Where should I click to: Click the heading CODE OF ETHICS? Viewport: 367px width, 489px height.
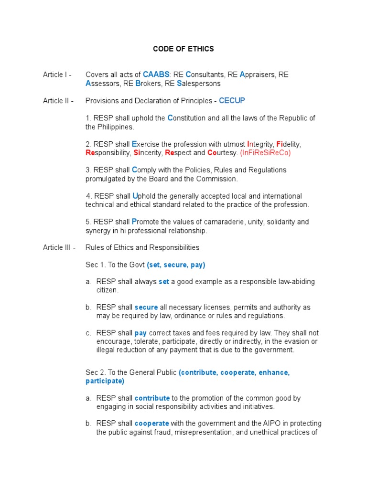click(183, 49)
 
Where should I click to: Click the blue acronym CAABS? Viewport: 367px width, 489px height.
click(156, 74)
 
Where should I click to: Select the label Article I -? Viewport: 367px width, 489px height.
click(57, 74)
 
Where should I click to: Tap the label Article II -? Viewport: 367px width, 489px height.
click(58, 101)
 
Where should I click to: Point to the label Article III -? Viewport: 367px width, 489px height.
click(59, 247)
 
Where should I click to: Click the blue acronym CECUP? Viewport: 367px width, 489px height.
click(232, 101)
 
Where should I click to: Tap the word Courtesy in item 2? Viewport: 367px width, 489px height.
click(222, 153)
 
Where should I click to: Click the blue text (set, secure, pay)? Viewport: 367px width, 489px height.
click(176, 265)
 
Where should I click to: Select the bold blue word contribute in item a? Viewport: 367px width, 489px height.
click(152, 398)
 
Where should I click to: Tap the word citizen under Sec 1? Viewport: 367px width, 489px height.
click(107, 290)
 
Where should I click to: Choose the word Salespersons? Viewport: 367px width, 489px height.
click(199, 84)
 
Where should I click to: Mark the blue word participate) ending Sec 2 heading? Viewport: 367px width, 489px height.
click(105, 381)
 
